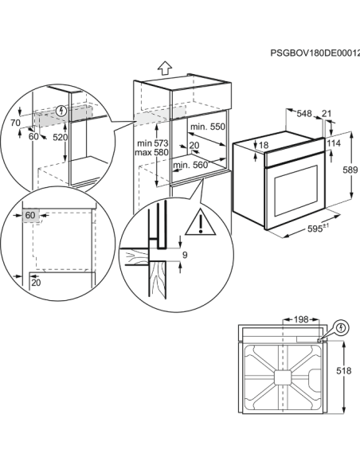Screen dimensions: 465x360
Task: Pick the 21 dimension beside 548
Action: pyautogui.click(x=327, y=113)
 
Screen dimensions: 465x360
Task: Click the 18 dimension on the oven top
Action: pyautogui.click(x=264, y=145)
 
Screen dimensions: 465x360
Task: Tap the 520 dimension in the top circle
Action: pyautogui.click(x=61, y=136)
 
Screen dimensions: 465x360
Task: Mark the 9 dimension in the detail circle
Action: pyautogui.click(x=185, y=255)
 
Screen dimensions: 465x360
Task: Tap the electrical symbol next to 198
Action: pyautogui.click(x=341, y=326)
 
